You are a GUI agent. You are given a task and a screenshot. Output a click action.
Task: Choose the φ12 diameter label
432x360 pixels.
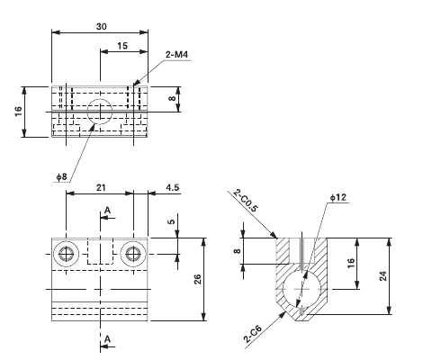(337, 196)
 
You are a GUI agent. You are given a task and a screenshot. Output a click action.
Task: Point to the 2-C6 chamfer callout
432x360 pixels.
(252, 336)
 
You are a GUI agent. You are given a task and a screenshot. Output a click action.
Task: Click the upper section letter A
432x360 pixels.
(108, 210)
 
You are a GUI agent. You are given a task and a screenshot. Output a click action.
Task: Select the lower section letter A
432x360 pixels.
(108, 338)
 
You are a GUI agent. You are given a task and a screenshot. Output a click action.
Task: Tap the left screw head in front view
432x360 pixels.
(66, 253)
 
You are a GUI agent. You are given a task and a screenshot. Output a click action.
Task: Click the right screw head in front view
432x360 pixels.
(135, 253)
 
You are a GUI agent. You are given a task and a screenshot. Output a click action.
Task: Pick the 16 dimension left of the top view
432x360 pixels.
(17, 112)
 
